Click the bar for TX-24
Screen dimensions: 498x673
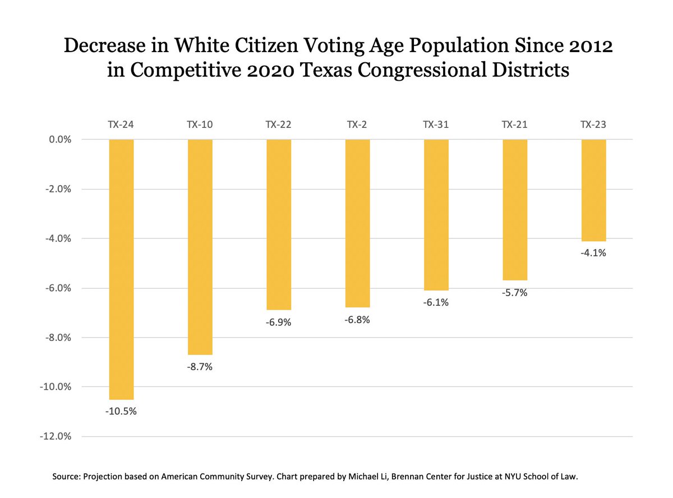tap(121, 269)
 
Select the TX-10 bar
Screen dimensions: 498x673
tap(200, 247)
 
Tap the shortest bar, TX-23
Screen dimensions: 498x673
tap(593, 190)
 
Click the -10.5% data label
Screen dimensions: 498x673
tap(121, 411)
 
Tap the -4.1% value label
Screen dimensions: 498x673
tap(593, 253)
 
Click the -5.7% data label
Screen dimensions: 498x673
tap(515, 292)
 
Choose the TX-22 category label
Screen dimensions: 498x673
tap(278, 125)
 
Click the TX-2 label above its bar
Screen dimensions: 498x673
tap(357, 125)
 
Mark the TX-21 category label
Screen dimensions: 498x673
tap(515, 125)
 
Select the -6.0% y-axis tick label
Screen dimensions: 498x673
tap(56, 288)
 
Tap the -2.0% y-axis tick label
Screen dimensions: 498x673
tap(56, 189)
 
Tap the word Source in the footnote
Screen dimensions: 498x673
tap(66, 476)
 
